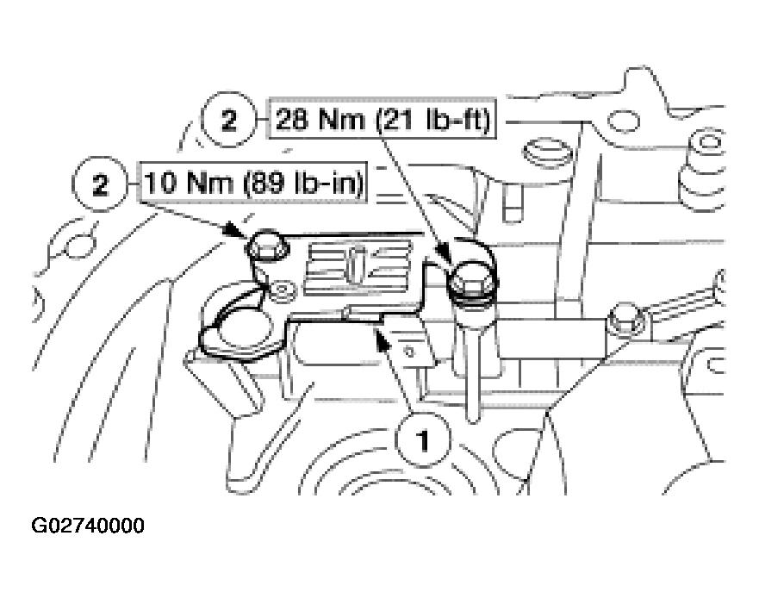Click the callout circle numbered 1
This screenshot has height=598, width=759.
[422, 441]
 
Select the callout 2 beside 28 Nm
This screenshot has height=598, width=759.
[228, 121]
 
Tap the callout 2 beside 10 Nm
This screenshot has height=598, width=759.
[101, 185]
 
